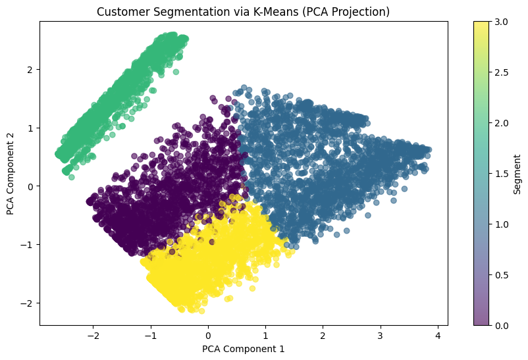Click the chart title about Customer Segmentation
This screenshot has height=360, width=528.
click(244, 11)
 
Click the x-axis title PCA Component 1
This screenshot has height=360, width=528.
click(244, 349)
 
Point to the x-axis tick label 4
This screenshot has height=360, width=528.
click(438, 334)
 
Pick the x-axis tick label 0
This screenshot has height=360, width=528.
click(208, 334)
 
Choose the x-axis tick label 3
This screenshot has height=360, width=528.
click(380, 334)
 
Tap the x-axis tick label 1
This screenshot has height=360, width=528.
click(265, 334)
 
